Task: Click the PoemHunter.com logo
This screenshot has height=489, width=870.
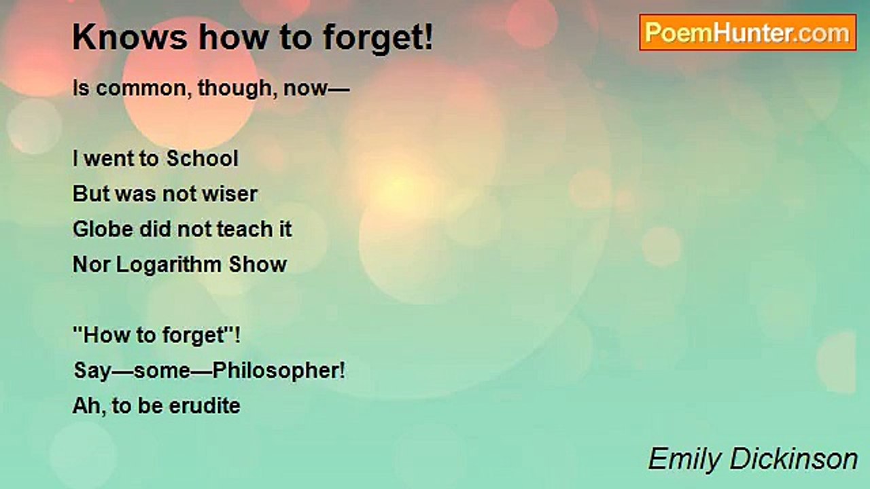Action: [748, 33]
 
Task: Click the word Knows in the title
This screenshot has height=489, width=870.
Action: [130, 37]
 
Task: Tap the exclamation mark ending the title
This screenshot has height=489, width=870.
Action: [428, 37]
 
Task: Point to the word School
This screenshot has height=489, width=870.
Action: [203, 158]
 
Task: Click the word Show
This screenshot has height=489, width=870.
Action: [258, 264]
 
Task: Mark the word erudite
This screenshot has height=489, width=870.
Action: [205, 405]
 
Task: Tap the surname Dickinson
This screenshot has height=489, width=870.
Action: [794, 458]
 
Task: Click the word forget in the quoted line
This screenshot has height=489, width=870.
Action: [194, 336]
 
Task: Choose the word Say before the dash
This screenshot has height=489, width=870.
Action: [92, 372]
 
